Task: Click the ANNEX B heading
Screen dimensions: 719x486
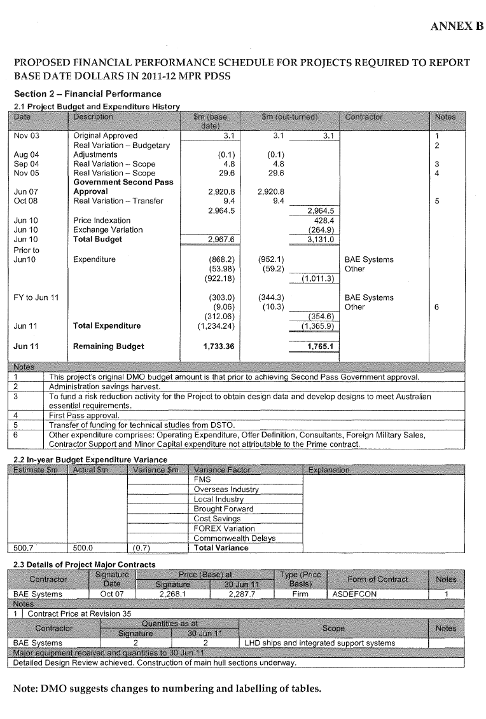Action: pyautogui.click(x=457, y=26)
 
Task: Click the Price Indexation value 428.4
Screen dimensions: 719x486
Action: pyautogui.click(x=324, y=221)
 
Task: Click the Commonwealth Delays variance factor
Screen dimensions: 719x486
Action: pyautogui.click(x=234, y=538)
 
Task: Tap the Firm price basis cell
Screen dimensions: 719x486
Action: pyautogui.click(x=300, y=594)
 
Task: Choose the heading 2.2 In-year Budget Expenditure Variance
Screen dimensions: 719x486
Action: pyautogui.click(x=90, y=460)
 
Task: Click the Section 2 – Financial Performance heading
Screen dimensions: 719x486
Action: pyautogui.click(x=88, y=94)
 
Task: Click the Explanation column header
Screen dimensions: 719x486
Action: pyautogui.click(x=327, y=470)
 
